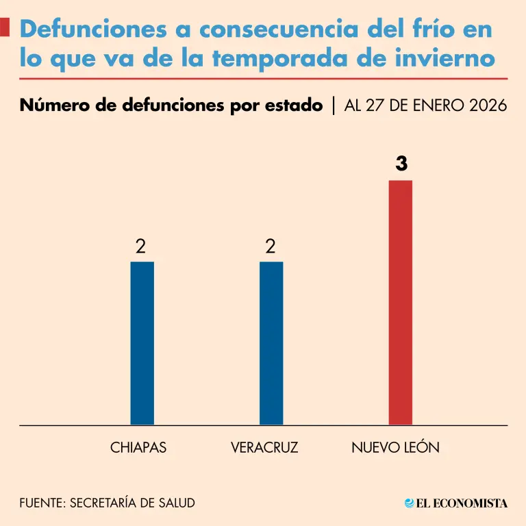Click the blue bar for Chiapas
tap(142, 342)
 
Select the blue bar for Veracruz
tap(271, 342)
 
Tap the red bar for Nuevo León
tap(401, 302)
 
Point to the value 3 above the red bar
tap(401, 164)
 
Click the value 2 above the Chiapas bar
tap(140, 247)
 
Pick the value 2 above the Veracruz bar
tap(271, 247)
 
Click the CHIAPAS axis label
tap(138, 448)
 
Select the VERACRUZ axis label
tap(264, 448)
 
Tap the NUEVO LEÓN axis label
tap(395, 448)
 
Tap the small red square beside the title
tap(5, 28)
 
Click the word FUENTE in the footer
tap(40, 503)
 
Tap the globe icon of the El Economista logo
tap(410, 503)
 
